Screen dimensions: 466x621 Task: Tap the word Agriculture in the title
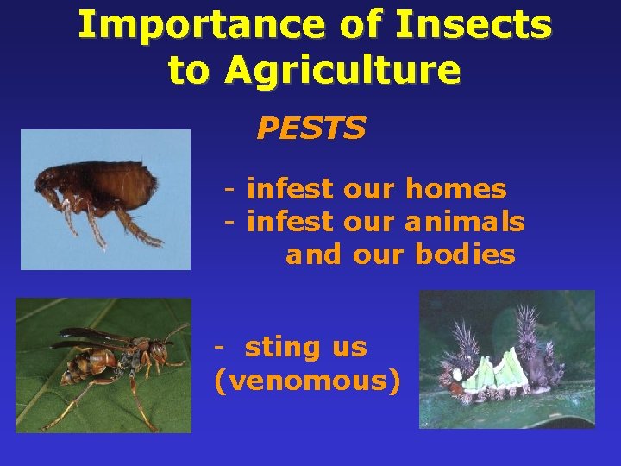(x=342, y=70)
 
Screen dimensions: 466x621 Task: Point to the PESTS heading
(x=310, y=129)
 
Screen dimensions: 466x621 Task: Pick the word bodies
(x=465, y=255)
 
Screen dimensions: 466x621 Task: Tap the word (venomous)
(x=307, y=381)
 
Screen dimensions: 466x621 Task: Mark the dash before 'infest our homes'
(x=230, y=188)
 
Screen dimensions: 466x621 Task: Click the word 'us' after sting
(x=348, y=348)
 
